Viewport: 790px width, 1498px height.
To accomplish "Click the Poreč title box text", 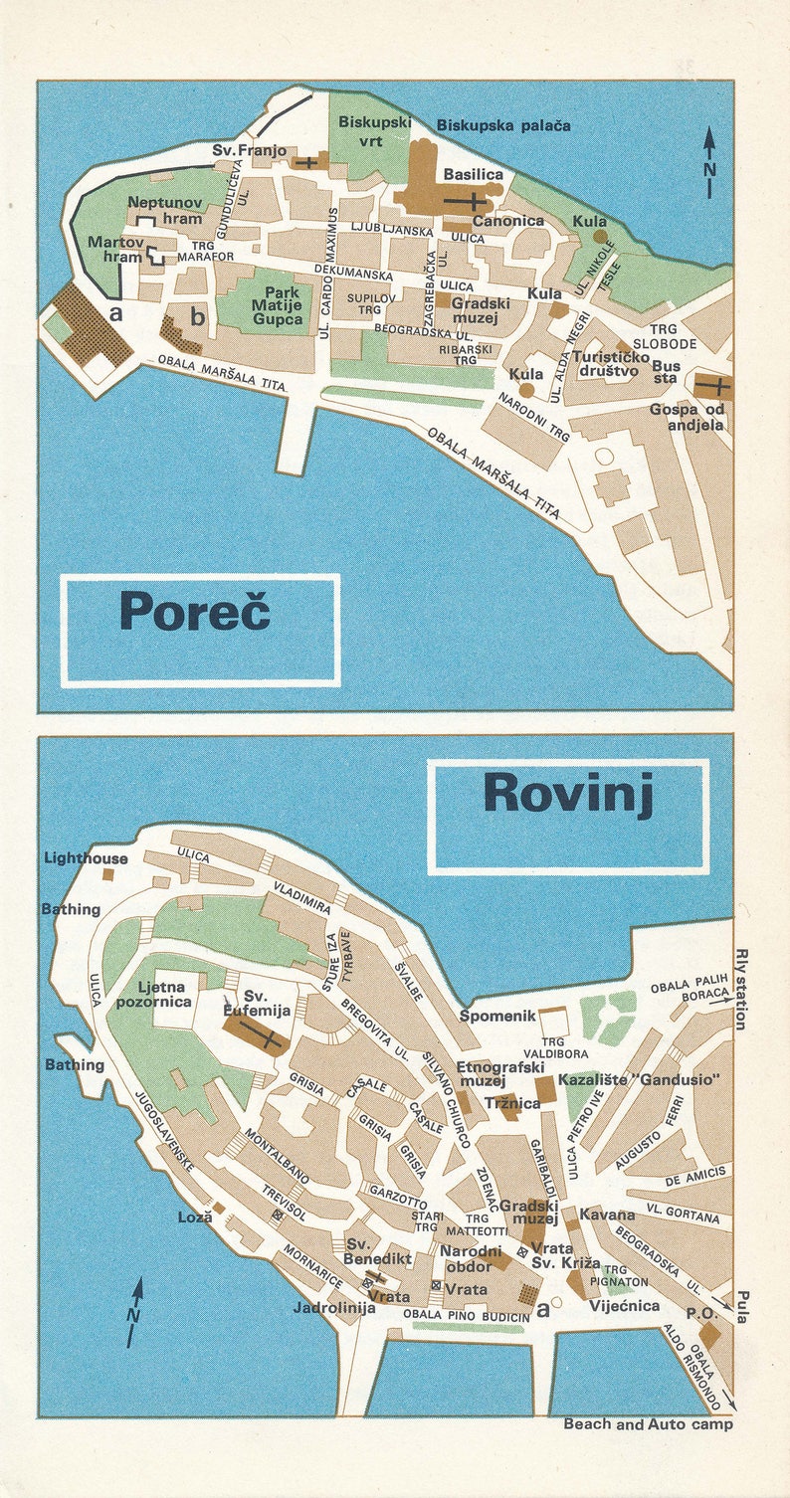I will [x=195, y=611].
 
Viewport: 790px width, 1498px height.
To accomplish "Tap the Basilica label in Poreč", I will [x=473, y=174].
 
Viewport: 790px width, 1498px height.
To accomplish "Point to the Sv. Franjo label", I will [x=249, y=151].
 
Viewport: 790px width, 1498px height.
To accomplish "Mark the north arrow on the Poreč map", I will [x=709, y=161].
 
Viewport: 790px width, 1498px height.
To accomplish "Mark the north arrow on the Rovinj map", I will [x=135, y=1312].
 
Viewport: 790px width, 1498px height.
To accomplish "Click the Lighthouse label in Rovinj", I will [x=86, y=858].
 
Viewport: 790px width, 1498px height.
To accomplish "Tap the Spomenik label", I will [x=497, y=1016].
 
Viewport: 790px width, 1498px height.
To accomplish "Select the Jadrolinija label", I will [x=333, y=1308].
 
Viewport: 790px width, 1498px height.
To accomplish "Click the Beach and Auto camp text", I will [x=648, y=1424].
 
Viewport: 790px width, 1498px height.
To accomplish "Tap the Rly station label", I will [x=739, y=989].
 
